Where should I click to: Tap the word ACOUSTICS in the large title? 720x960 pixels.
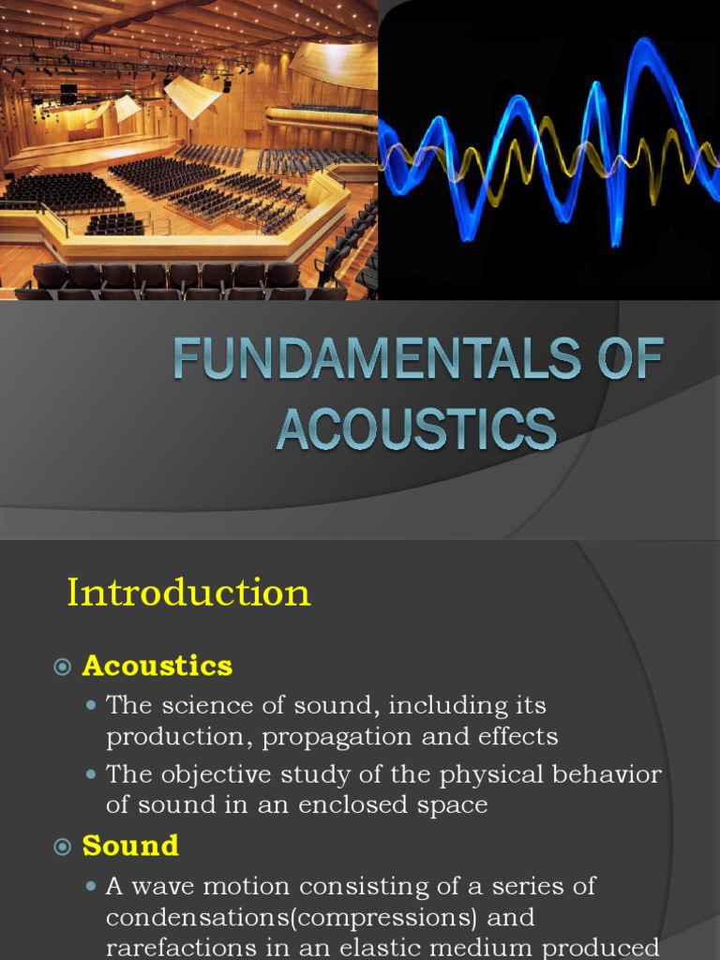point(416,429)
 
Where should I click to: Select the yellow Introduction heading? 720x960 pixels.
point(188,592)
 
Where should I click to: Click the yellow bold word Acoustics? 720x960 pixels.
point(157,666)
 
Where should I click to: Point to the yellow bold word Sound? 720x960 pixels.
point(130,846)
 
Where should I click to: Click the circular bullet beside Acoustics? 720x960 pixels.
point(63,667)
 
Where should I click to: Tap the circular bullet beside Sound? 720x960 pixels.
point(63,847)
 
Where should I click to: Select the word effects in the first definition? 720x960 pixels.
point(518,737)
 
